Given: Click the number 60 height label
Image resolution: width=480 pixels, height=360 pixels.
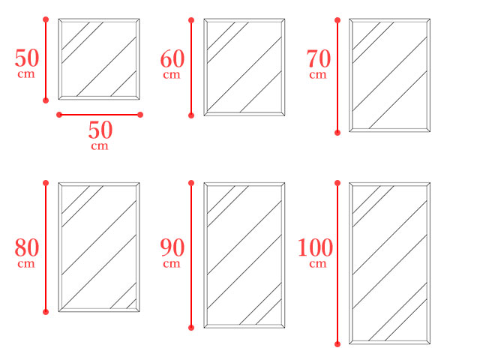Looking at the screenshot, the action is [172, 58].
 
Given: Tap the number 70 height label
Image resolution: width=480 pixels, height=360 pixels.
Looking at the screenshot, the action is [319, 58].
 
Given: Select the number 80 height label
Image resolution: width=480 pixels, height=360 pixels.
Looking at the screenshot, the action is [27, 247].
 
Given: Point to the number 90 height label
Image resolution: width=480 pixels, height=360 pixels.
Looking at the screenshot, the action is [172, 247].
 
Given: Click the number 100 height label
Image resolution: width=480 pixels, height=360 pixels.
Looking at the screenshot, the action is [315, 247].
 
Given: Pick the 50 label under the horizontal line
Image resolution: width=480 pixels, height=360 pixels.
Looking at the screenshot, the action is [100, 130].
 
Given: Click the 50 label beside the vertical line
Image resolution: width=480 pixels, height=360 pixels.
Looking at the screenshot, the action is [27, 58].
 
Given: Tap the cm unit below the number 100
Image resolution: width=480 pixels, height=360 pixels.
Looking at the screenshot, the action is [318, 264].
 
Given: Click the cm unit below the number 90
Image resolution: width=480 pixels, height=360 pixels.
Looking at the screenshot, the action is [172, 264].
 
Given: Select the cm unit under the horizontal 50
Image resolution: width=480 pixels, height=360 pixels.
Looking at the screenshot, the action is [100, 146].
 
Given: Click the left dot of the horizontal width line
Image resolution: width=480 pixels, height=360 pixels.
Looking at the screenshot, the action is [59, 115].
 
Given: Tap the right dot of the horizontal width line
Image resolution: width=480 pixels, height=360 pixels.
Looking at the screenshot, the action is [140, 115].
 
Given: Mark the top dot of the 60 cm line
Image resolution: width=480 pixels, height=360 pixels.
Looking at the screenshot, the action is [191, 20].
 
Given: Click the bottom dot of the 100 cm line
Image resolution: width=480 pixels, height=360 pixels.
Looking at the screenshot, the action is [337, 344].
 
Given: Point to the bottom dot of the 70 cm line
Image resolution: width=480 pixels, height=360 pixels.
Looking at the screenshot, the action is [337, 133].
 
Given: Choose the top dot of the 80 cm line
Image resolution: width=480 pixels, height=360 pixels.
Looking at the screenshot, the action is [46, 183].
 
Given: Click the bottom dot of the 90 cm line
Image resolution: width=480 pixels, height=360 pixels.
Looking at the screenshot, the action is [191, 328].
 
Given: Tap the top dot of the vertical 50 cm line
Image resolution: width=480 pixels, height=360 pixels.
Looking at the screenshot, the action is [46, 19].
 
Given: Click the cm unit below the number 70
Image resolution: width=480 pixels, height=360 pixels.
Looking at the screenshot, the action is [318, 75].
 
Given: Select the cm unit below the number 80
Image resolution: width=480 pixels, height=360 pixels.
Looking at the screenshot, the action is [26, 264].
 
